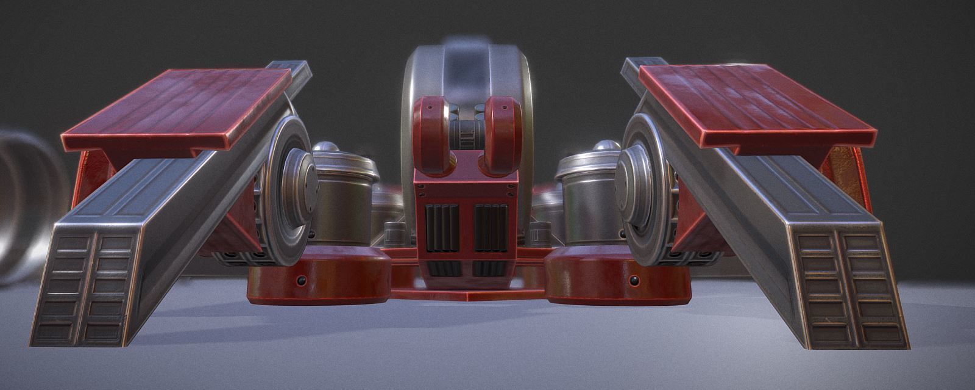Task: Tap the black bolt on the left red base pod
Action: pyautogui.click(x=299, y=280)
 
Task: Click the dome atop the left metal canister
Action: pyautogui.click(x=327, y=148)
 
